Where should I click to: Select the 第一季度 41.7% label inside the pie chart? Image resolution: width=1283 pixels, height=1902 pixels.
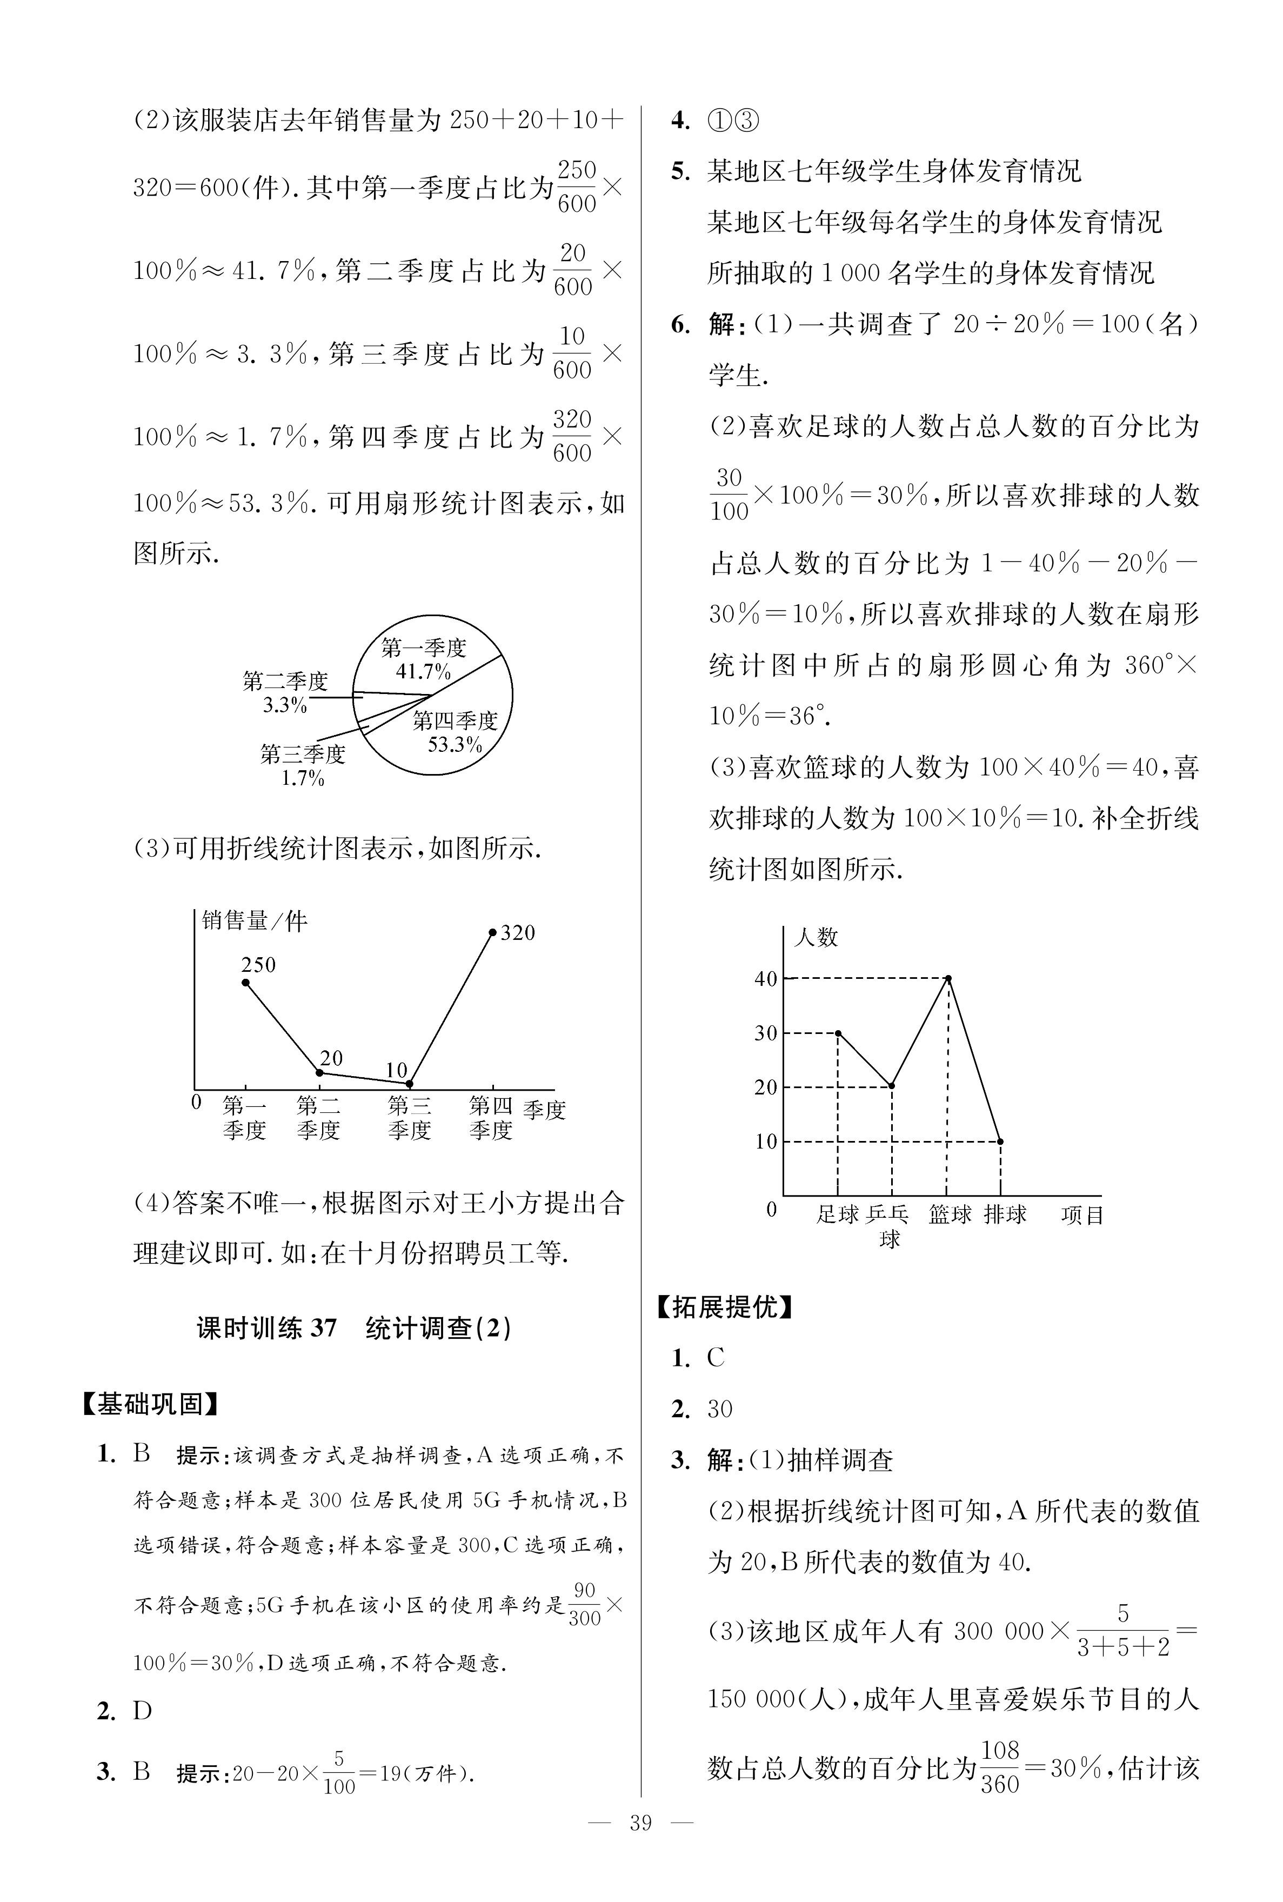pos(423,659)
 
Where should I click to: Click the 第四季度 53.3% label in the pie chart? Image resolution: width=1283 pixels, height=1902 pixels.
pos(455,732)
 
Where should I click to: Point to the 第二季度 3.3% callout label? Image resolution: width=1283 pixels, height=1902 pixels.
pos(285,692)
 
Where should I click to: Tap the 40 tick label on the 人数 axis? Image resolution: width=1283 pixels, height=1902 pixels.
pos(765,978)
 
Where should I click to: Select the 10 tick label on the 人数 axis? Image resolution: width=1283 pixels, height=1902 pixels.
pos(765,1141)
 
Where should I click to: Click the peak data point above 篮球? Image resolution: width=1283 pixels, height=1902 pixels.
pos(947,978)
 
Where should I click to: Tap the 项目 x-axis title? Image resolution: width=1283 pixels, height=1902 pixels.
pos(1082,1216)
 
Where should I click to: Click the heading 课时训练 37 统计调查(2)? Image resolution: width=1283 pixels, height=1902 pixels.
pos(355,1327)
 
